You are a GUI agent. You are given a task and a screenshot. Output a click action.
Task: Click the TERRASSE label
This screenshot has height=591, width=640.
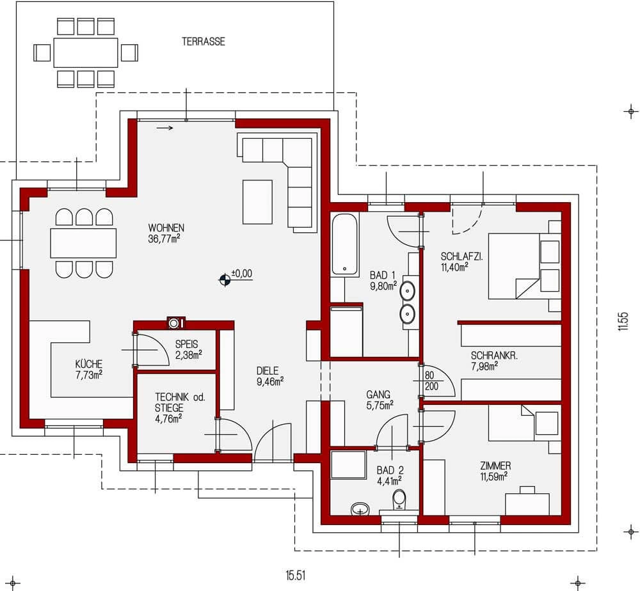pos(204,42)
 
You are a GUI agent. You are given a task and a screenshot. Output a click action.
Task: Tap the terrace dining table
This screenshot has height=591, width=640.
pos(86,52)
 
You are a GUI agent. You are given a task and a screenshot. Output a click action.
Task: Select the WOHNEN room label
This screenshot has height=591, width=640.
pos(166,227)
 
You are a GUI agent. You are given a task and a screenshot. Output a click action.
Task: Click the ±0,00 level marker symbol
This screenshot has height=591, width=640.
pos(224,279)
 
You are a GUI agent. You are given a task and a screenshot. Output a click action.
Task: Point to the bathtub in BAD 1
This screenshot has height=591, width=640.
pos(344,244)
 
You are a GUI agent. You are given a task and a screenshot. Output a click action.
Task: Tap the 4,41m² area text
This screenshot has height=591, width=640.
pos(388,480)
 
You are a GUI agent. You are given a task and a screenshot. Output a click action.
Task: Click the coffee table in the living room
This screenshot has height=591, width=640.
pos(257,201)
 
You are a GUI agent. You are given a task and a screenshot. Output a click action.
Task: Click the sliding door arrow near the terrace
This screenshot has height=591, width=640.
pos(164,129)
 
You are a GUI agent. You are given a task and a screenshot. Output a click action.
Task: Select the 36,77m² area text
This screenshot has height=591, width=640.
pos(164,238)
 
